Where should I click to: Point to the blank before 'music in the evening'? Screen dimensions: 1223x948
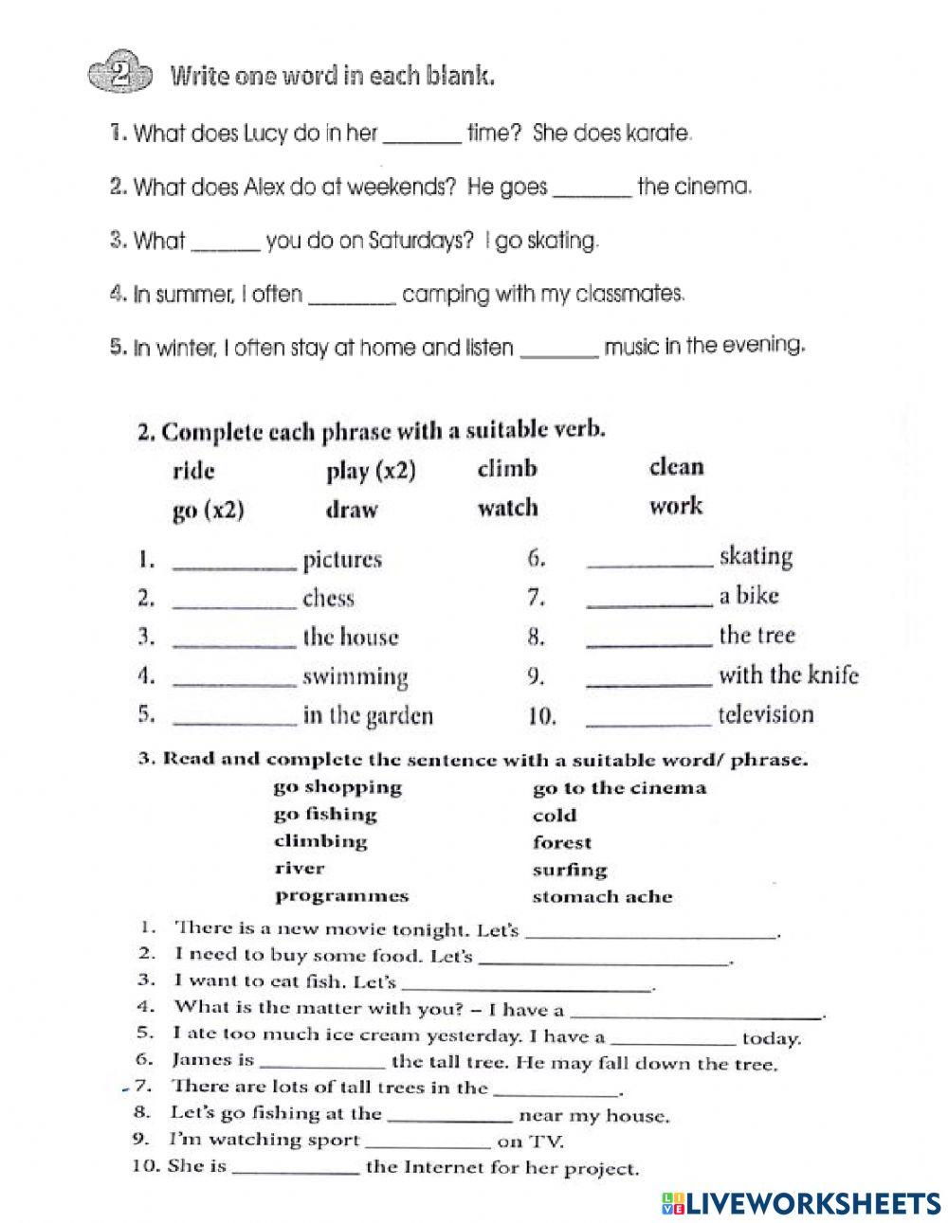[560, 352]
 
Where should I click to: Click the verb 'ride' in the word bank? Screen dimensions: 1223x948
[194, 471]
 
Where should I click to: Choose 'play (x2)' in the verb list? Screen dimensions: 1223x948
[371, 471]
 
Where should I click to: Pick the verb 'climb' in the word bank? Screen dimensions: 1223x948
[507, 469]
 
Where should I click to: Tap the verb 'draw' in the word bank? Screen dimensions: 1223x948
[352, 510]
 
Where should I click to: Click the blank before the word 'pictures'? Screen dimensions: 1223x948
[235, 566]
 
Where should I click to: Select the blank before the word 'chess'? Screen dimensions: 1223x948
[235, 604]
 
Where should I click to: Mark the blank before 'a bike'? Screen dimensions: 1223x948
[648, 603]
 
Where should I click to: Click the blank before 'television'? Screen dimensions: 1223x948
[648, 722]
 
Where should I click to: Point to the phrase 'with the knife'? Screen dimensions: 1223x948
[788, 674]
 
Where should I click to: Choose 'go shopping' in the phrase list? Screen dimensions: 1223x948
[337, 787]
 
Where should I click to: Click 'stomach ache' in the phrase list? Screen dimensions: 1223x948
[602, 896]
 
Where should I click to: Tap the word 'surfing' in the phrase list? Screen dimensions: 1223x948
[569, 870]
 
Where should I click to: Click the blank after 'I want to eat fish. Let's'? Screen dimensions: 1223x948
[526, 987]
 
